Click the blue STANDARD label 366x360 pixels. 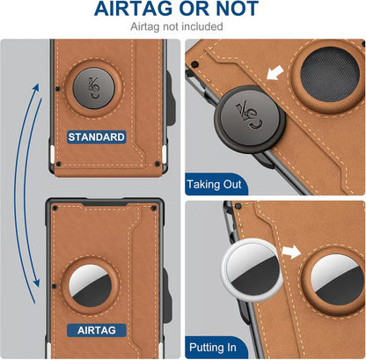pos(98,137)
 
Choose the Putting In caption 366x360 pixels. pos(212,347)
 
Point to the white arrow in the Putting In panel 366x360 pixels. pos(289,253)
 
